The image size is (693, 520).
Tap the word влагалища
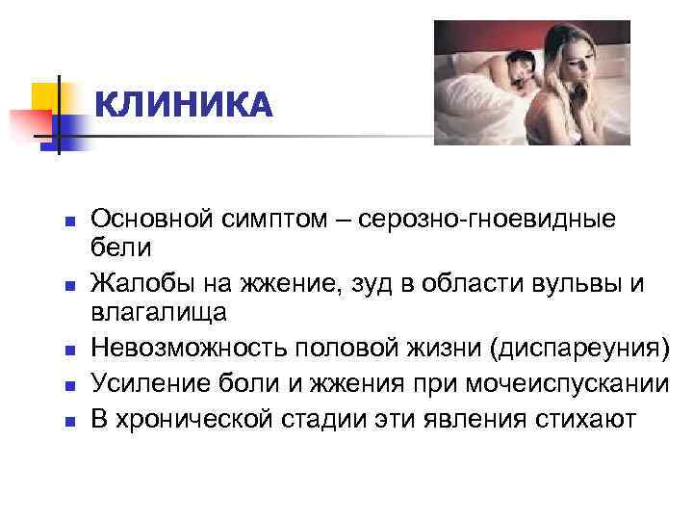[157, 313]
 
